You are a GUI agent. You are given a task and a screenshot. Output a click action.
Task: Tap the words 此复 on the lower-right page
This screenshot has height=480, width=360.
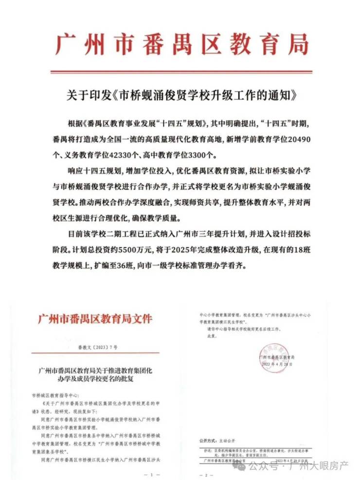pyautogui.click(x=211, y=336)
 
